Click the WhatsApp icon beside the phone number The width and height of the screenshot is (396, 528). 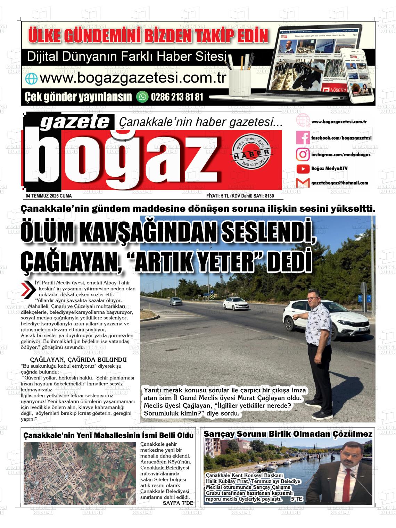[x=142, y=97]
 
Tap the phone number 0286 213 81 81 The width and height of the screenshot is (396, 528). [x=177, y=97]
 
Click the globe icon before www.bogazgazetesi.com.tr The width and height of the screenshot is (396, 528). [x=31, y=79]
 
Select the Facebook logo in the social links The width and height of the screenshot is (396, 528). [x=303, y=138]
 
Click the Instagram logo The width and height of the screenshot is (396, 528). [x=303, y=154]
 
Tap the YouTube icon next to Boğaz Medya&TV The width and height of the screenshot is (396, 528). [x=303, y=169]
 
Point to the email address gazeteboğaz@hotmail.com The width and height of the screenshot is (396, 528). [x=339, y=183]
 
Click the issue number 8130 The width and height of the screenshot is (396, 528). [x=269, y=196]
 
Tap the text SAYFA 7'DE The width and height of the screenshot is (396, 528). [x=178, y=503]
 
